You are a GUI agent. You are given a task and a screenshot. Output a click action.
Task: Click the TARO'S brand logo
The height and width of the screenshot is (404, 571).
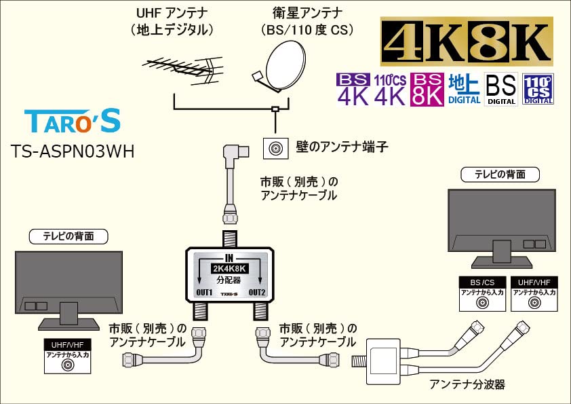[x=73, y=121]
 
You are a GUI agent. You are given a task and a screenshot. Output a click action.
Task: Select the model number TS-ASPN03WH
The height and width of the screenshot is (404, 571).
[x=73, y=151]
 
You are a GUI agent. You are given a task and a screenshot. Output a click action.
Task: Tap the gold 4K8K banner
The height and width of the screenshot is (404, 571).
[x=467, y=43]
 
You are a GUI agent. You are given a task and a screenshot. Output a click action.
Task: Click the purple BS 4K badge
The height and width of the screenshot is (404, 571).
[x=353, y=90]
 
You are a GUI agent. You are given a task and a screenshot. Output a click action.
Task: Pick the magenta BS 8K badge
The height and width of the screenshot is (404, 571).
[x=428, y=90]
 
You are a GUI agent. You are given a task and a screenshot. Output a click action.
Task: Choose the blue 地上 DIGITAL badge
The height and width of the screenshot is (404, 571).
[x=465, y=90]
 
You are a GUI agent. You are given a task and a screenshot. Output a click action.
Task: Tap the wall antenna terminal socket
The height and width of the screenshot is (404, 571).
[x=276, y=147]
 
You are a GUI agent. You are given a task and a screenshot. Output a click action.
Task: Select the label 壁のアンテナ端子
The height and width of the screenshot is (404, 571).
[x=337, y=147]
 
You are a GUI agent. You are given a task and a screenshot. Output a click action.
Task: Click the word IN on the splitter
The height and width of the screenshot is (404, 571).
[x=229, y=258]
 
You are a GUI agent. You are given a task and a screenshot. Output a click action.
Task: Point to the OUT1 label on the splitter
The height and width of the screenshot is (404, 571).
[x=204, y=292]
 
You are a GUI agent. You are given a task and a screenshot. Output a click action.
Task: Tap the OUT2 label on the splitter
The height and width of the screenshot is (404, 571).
[x=256, y=292]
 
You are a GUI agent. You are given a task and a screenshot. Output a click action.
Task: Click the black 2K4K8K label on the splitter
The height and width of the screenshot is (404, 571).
[x=229, y=269]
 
